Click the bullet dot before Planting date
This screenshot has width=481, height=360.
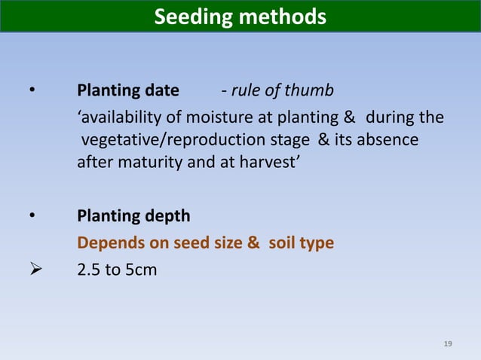tap(32, 92)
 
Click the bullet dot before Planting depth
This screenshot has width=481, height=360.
tap(32, 217)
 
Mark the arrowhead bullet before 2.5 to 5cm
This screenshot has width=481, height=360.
tap(32, 269)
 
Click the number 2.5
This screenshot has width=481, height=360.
tap(90, 269)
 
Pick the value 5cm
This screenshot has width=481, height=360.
tap(140, 269)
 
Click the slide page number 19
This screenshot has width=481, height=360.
tap(448, 344)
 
